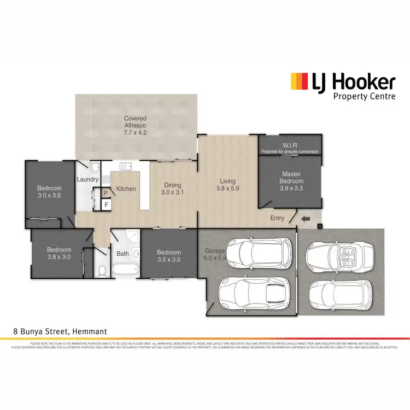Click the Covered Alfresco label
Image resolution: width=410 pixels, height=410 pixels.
point(135,125)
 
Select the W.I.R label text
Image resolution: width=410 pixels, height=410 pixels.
point(290,146)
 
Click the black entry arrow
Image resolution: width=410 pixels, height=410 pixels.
point(306,220)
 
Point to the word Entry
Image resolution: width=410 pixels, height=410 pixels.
point(278,219)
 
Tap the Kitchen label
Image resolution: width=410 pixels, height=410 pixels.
point(126,189)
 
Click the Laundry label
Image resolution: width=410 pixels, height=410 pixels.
point(87,179)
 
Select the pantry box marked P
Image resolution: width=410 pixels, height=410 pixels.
point(107,192)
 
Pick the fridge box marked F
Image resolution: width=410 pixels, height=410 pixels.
point(107,204)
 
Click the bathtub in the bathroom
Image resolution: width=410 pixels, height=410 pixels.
point(125,270)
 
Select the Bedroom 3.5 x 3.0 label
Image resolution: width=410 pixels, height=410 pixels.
point(169,256)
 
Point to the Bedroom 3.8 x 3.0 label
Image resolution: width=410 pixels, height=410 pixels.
point(58,253)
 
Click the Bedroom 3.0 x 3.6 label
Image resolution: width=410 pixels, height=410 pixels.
point(49,191)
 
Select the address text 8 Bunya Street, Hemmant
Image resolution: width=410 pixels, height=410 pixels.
point(60,331)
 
